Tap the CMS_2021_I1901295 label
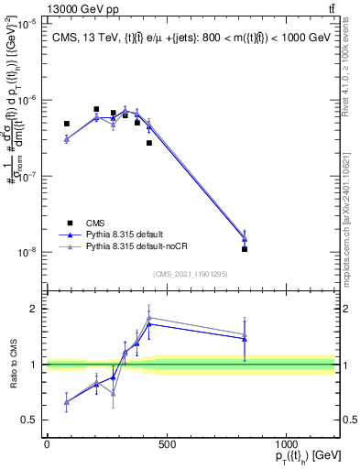coord(190,274)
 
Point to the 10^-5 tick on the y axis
coord(28,25)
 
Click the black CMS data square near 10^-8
coord(245,249)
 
